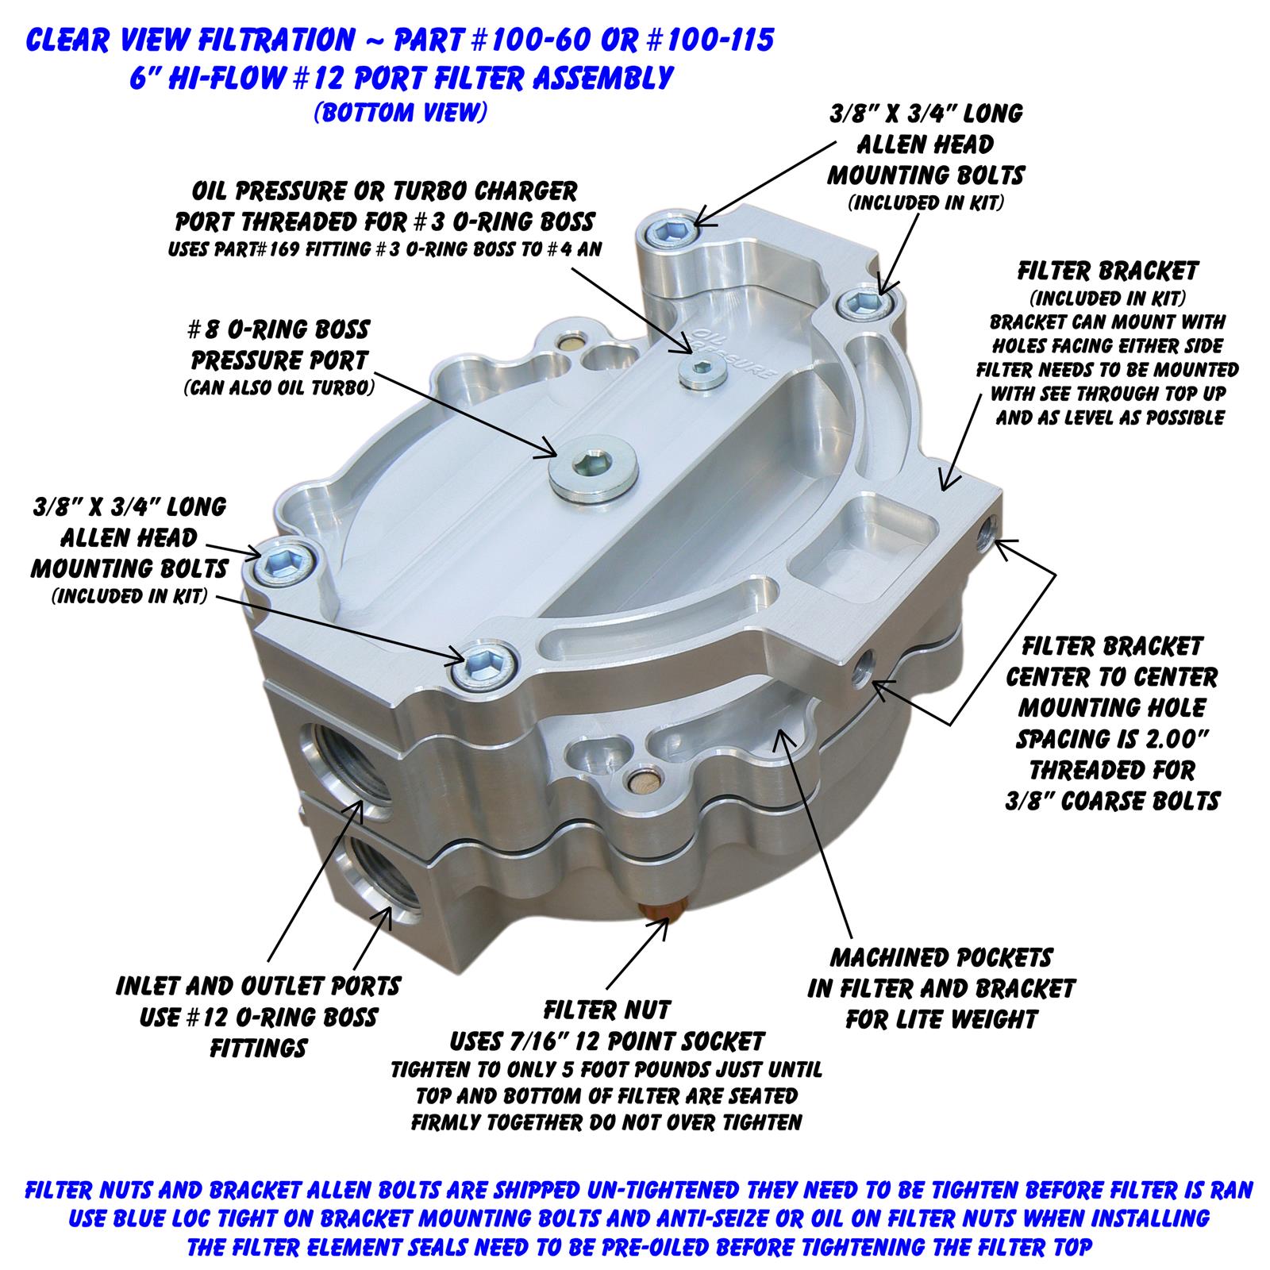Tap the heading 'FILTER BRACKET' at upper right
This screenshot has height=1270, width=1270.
pyautogui.click(x=1107, y=271)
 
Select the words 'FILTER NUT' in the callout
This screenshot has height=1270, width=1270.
pyautogui.click(x=607, y=1010)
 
